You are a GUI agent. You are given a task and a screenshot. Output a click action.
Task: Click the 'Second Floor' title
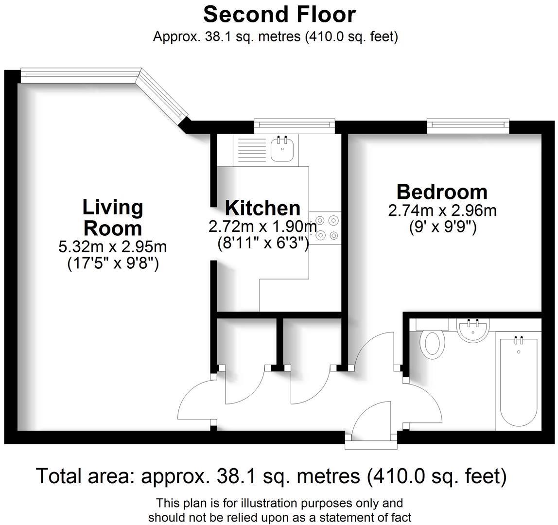279,15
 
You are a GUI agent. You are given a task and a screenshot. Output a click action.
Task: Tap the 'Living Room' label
113,217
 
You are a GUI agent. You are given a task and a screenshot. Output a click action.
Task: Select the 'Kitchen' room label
262,208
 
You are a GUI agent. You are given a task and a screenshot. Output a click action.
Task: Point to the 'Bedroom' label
442,192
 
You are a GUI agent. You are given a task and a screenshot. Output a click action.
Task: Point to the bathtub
518,382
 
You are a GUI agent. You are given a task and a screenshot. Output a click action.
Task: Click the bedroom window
468,125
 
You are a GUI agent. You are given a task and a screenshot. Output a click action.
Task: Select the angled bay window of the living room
163,95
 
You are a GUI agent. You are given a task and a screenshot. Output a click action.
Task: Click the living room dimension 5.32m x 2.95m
113,247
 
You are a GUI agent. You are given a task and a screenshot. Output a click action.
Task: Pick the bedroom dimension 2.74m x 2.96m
442,210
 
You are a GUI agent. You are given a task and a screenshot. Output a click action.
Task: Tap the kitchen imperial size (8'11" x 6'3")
262,242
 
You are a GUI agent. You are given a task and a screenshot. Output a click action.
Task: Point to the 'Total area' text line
271,476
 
